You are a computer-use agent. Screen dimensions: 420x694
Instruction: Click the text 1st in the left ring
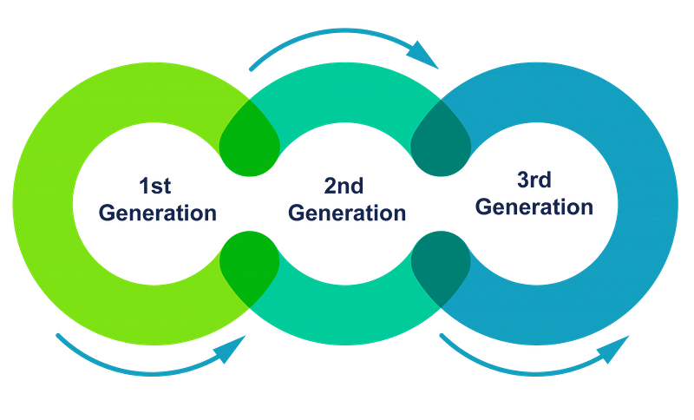pyautogui.click(x=157, y=185)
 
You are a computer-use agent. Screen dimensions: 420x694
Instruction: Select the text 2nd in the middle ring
pyautogui.click(x=344, y=185)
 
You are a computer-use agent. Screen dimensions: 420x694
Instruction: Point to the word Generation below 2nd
pyautogui.click(x=346, y=212)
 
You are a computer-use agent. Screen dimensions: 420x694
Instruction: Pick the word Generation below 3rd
pyautogui.click(x=535, y=208)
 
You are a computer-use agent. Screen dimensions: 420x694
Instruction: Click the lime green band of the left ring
pyautogui.click(x=43, y=208)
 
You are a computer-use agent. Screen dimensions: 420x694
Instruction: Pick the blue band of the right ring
pyautogui.click(x=651, y=208)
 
